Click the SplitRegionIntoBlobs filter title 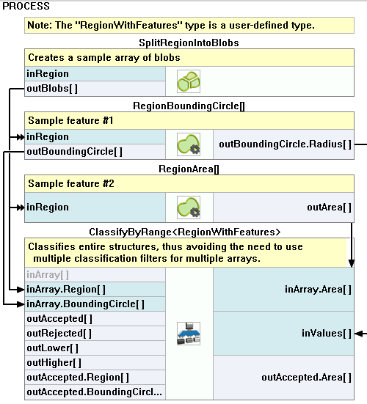pos(189,43)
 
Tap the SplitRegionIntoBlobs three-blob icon pos(189,81)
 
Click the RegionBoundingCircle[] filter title pos(189,106)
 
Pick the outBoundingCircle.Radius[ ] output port pos(285,144)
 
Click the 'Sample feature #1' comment pos(70,120)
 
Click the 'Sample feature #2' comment pos(71,184)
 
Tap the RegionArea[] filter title pos(189,169)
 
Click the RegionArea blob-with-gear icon pos(189,207)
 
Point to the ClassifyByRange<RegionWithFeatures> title pos(185,232)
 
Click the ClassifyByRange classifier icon pos(189,334)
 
